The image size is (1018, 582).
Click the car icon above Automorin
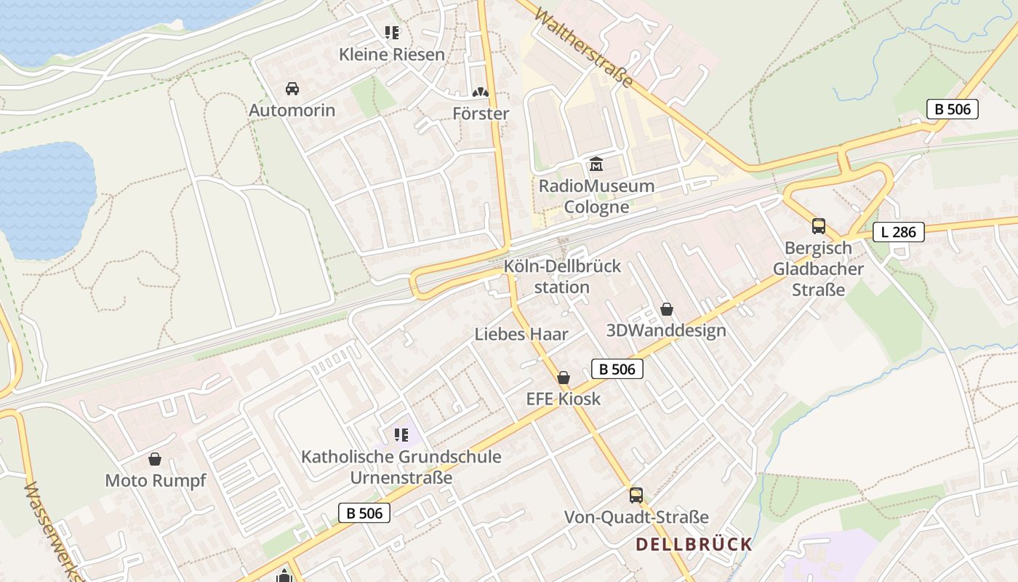click(292, 89)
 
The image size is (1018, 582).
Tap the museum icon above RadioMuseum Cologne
click(596, 164)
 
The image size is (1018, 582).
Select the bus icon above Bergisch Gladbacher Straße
click(819, 226)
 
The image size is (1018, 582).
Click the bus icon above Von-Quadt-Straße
click(636, 495)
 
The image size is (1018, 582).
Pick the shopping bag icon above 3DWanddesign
click(666, 310)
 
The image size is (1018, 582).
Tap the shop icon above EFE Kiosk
click(563, 378)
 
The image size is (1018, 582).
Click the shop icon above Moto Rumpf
click(154, 459)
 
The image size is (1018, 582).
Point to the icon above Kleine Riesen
click(392, 33)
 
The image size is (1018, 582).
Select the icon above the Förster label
click(480, 92)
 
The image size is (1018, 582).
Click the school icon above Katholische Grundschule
click(401, 435)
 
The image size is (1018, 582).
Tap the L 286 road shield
click(899, 232)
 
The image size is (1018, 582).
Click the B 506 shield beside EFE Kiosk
click(617, 369)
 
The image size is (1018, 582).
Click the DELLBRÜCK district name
click(694, 544)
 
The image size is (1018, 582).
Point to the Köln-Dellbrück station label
click(562, 276)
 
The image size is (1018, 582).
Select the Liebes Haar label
click(521, 334)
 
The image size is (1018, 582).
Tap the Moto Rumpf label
click(156, 481)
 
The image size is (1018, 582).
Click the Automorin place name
click(292, 111)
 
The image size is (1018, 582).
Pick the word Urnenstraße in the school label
click(401, 478)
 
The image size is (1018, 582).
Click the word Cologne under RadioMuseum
click(596, 207)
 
